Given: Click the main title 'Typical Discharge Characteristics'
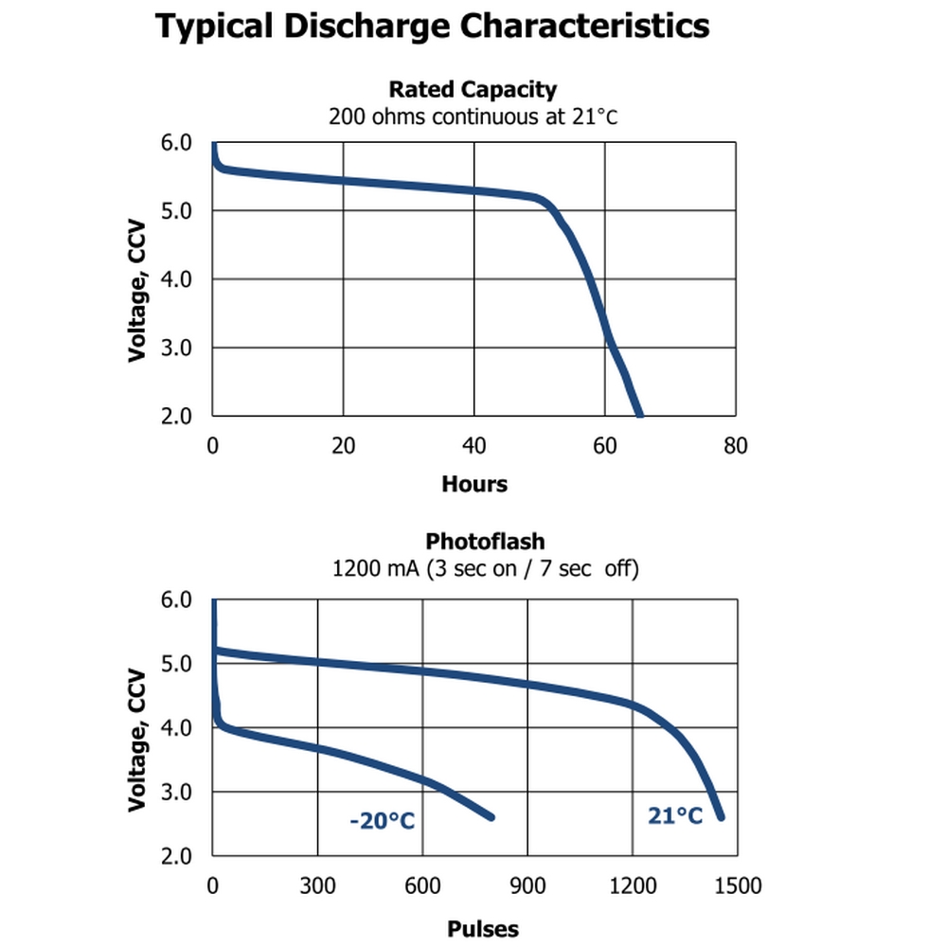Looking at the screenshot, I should pos(433,27).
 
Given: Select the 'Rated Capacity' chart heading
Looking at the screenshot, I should pos(473,90).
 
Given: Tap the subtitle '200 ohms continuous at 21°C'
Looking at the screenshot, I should pos(473,117).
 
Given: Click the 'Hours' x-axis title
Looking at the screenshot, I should pos(474,485).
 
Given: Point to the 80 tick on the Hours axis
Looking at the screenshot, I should pos(735,445).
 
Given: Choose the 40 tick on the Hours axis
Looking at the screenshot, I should pos(474,445).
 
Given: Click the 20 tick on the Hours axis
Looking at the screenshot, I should pos(344,445).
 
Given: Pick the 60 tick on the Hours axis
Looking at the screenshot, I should pos(605,445).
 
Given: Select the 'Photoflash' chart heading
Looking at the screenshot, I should pos(485,542).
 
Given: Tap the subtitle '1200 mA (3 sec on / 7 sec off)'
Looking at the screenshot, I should pos(485,569).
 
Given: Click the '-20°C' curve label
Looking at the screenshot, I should pos(382,820).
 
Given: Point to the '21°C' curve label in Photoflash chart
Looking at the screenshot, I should pos(675,815).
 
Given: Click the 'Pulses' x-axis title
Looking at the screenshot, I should pos(483,929).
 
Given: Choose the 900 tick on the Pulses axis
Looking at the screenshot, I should pos(527,886).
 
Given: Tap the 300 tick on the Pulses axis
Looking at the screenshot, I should pos(317,886).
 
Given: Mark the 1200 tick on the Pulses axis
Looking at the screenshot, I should pos(633,886).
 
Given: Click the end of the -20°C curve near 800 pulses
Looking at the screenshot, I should pos(491,816).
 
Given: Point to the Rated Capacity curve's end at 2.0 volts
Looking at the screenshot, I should pos(639,414).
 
